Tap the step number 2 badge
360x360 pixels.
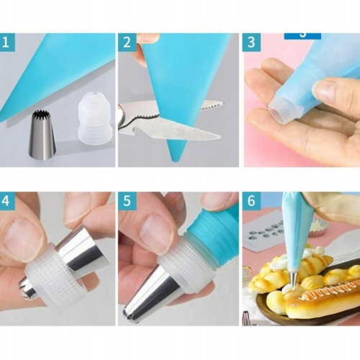(127, 42)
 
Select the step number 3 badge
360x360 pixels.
(251, 42)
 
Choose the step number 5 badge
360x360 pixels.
(127, 201)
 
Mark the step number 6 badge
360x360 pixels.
(251, 201)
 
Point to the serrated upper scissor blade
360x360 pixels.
(211, 106)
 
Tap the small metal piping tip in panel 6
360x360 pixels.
(294, 279)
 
